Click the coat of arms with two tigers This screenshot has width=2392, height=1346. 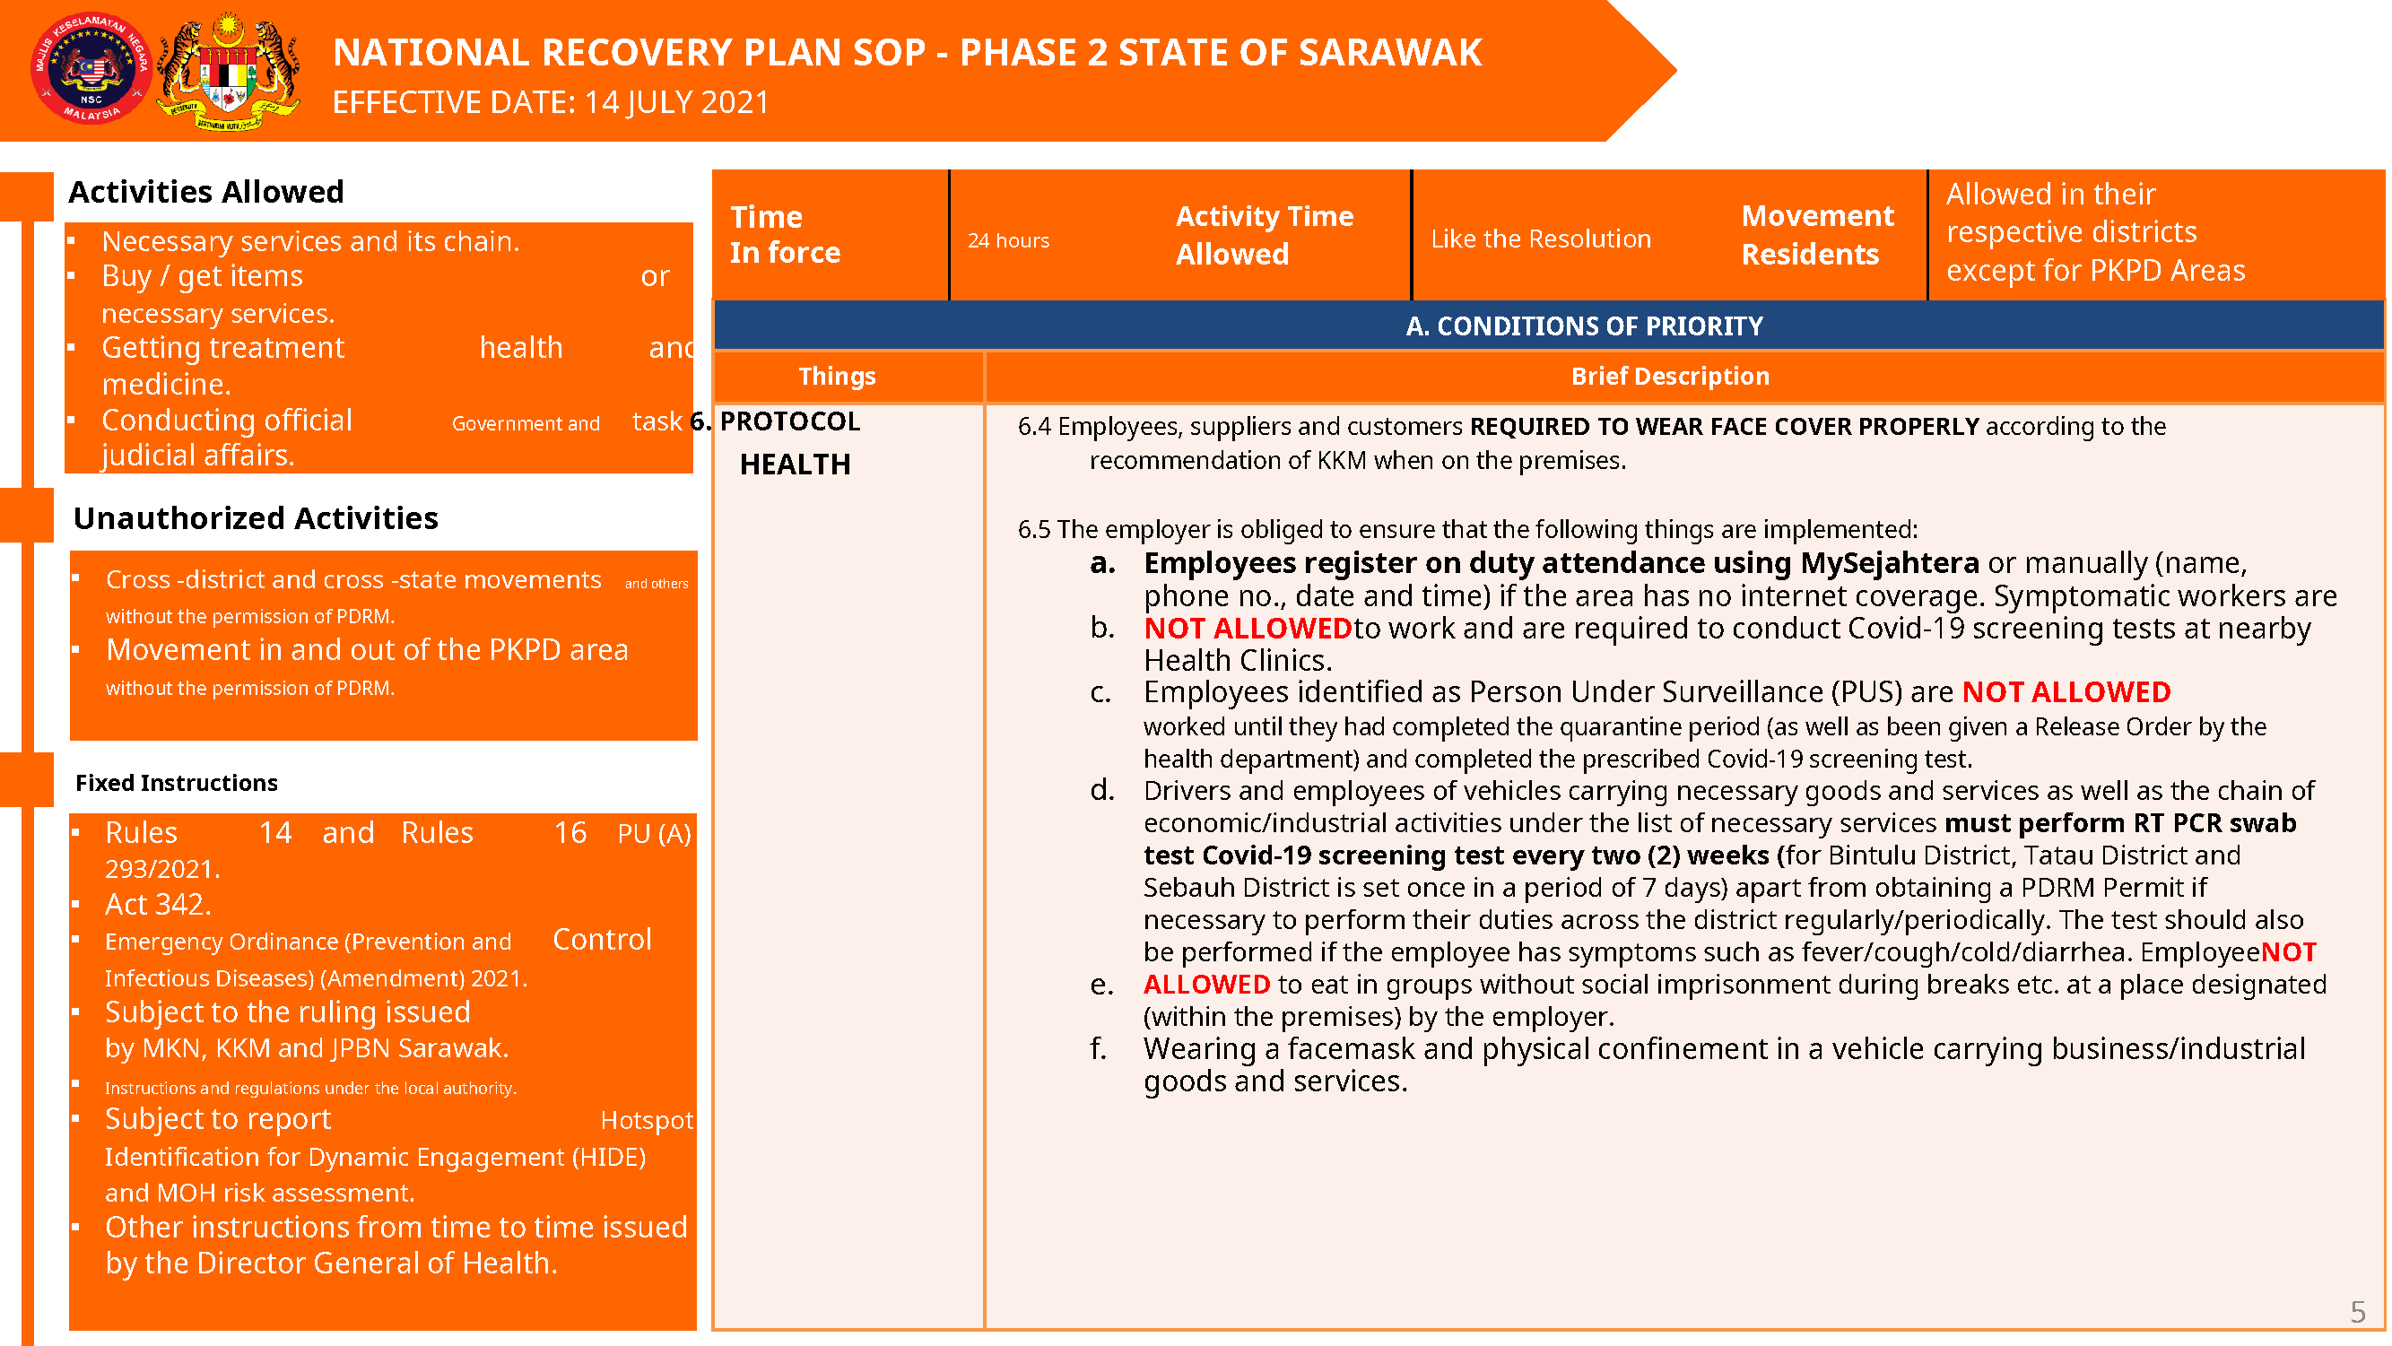pos(229,71)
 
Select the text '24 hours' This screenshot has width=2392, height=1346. pos(1008,240)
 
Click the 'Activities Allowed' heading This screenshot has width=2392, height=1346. pos(206,191)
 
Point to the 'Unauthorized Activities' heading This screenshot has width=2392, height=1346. pos(256,518)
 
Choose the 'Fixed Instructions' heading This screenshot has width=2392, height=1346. pos(177,783)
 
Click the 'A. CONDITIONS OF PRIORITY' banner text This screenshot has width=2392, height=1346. pos(1584,326)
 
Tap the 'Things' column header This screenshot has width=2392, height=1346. pos(837,376)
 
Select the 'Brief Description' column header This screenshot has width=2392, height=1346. pos(1670,376)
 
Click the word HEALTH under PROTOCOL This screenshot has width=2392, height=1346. pos(795,465)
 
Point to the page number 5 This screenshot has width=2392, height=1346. pos(2358,1312)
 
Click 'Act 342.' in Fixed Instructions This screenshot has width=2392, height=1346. pos(158,904)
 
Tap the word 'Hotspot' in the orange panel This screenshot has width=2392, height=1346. pos(647,1120)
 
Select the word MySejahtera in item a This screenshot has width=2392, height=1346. pos(1890,563)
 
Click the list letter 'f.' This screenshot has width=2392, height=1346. pos(1100,1049)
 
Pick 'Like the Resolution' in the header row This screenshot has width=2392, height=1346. pos(1541,239)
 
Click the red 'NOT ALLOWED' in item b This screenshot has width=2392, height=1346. pos(1247,629)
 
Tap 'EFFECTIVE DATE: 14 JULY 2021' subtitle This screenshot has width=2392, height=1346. pos(551,102)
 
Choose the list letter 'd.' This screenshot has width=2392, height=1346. pos(1102,791)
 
